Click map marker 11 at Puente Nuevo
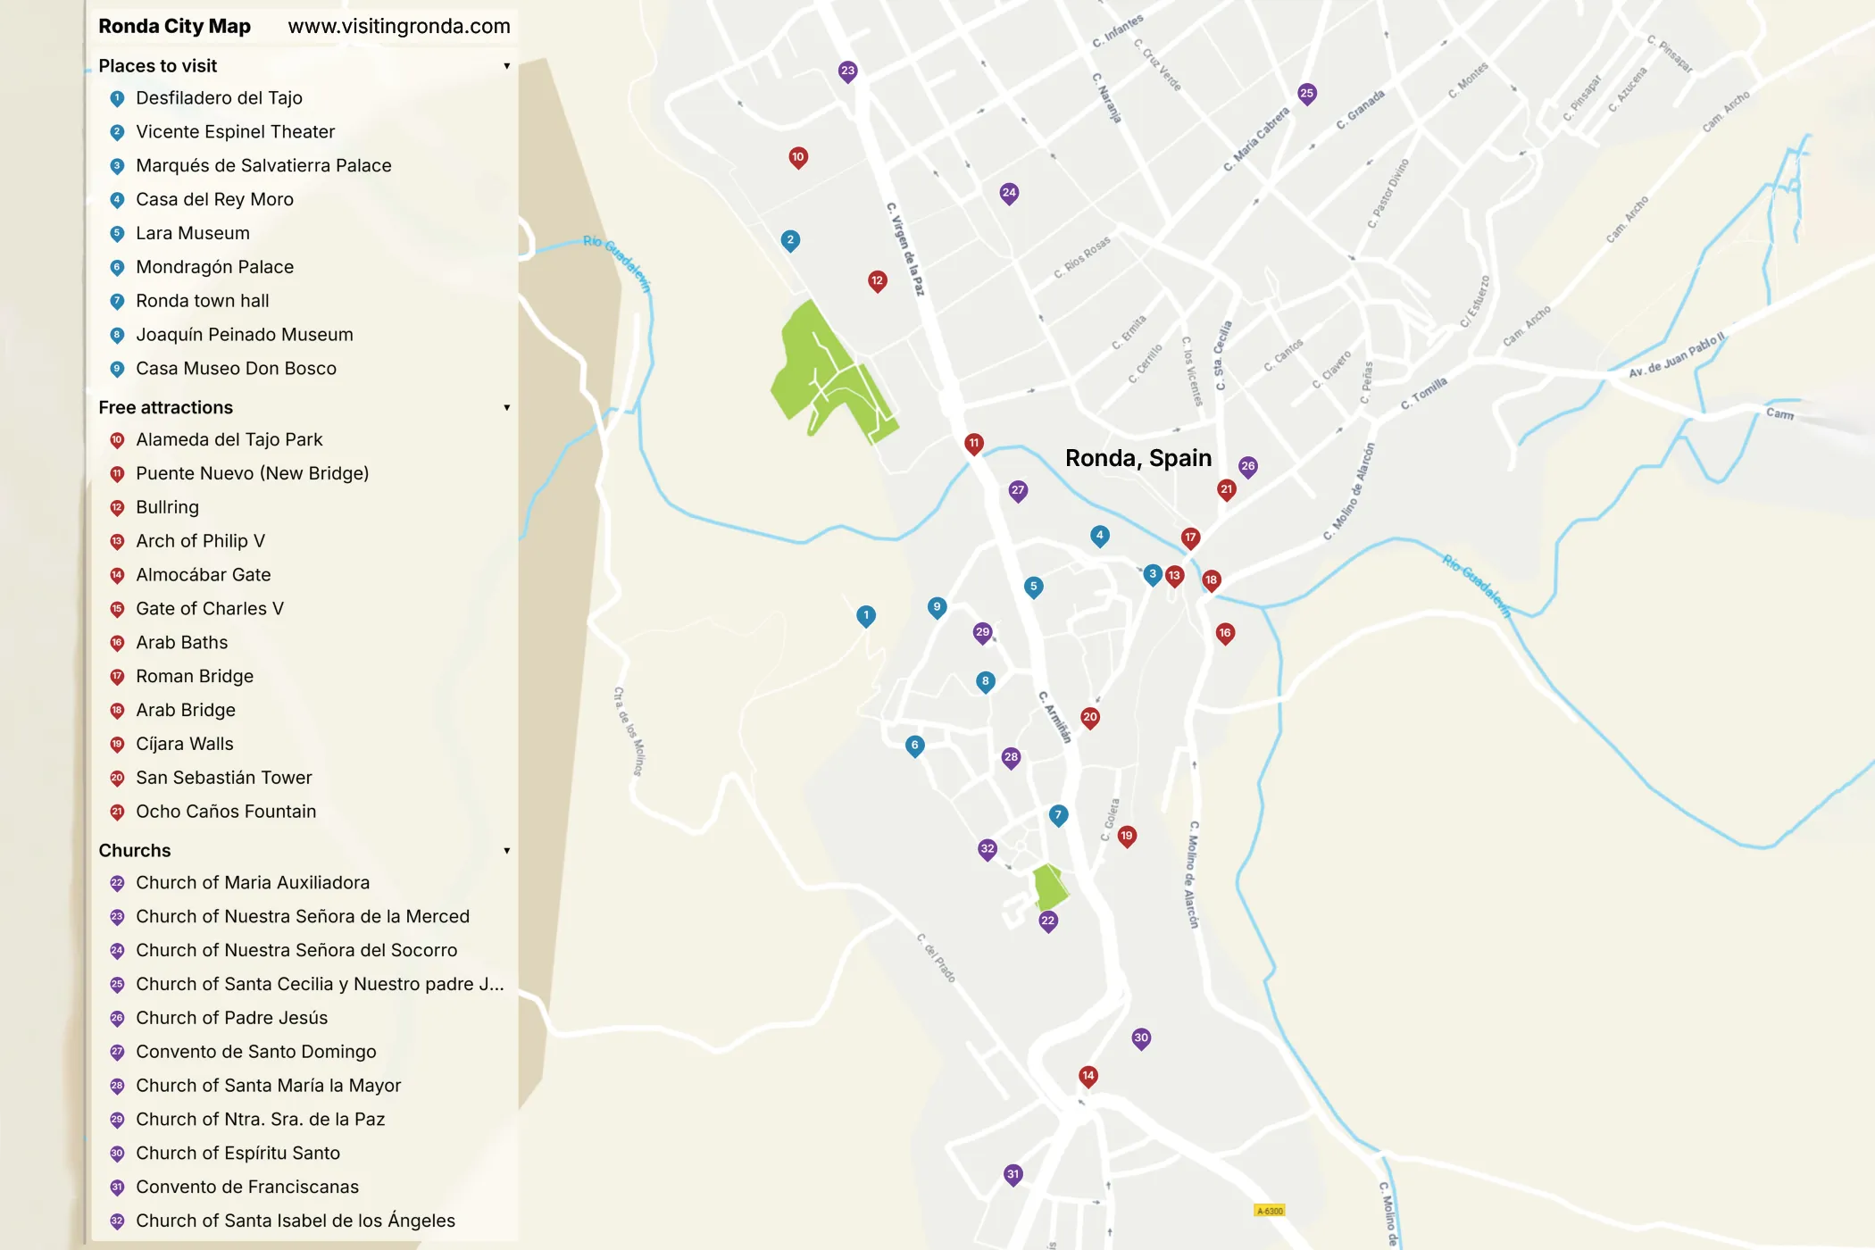[x=974, y=443]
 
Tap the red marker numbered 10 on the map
[x=798, y=158]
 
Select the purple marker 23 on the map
[x=847, y=71]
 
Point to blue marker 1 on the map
[x=866, y=615]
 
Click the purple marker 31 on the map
[x=1012, y=1175]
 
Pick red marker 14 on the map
[x=1087, y=1076]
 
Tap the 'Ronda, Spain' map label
[x=1138, y=458]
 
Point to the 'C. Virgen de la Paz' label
[x=905, y=249]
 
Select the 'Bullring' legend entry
[x=167, y=507]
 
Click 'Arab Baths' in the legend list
[x=181, y=643]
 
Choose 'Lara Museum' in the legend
[x=192, y=233]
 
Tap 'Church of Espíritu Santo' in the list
[x=237, y=1154]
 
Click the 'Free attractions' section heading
[x=165, y=407]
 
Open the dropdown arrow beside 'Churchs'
[x=506, y=851]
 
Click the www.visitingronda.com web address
[x=398, y=26]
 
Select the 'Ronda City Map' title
[x=174, y=26]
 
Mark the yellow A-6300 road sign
[x=1270, y=1211]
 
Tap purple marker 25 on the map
[x=1306, y=94]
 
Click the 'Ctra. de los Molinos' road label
[x=629, y=730]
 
